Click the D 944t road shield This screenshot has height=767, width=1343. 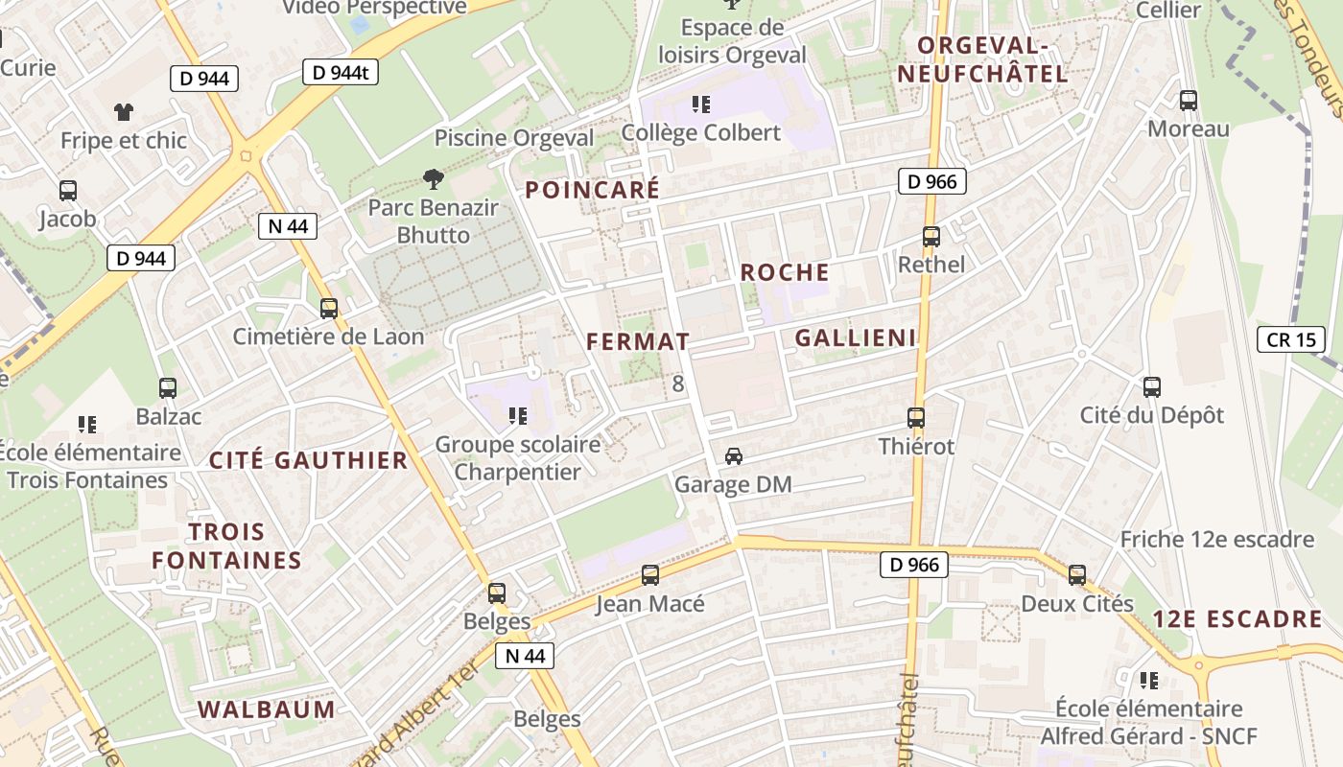(x=341, y=72)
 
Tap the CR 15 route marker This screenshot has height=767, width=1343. (x=1290, y=339)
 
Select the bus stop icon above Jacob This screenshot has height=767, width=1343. (x=68, y=190)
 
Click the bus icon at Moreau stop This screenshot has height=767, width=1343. (x=1188, y=100)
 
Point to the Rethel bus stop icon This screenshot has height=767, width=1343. (x=931, y=236)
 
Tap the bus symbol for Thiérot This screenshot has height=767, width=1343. (x=916, y=418)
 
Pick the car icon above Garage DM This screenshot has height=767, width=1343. (x=733, y=455)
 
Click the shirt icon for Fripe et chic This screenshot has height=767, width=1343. (x=123, y=111)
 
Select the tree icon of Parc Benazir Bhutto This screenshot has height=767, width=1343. (x=434, y=177)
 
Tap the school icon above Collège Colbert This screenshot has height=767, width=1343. (x=701, y=104)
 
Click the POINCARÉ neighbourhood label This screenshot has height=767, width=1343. (x=592, y=190)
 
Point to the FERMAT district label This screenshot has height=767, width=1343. (x=637, y=341)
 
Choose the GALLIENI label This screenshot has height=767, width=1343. (x=855, y=337)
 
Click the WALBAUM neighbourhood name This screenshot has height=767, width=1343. (x=266, y=709)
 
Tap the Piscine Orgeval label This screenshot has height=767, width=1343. (x=514, y=138)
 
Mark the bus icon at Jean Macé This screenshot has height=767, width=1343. (x=650, y=575)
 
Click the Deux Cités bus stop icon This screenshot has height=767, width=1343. (x=1077, y=575)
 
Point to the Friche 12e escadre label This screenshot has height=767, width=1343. (x=1216, y=539)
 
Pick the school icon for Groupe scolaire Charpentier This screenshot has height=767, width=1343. (x=518, y=415)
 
